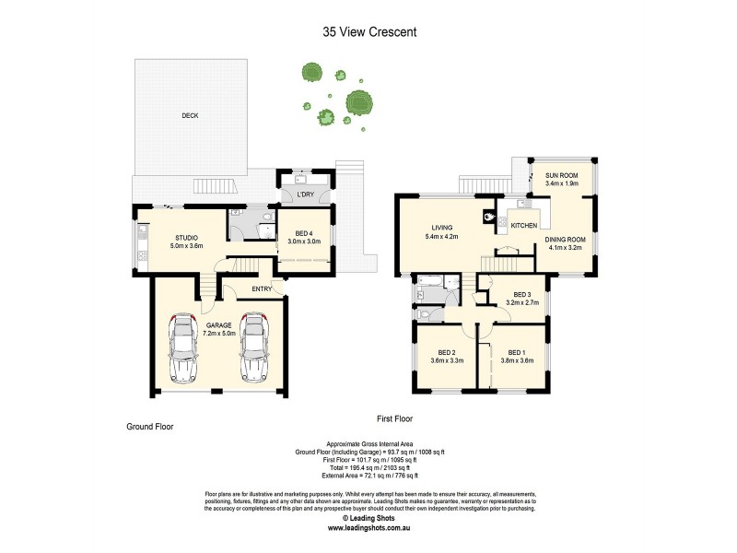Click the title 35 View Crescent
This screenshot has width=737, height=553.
368,31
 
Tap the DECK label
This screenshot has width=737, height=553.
190,115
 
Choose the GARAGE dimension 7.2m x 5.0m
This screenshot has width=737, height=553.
219,333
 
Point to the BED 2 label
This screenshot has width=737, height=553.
448,353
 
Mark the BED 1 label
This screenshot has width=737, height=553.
517,353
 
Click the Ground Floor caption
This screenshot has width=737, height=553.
149,427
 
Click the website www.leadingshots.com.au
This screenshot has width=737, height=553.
368,528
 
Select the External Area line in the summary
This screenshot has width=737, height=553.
368,476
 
